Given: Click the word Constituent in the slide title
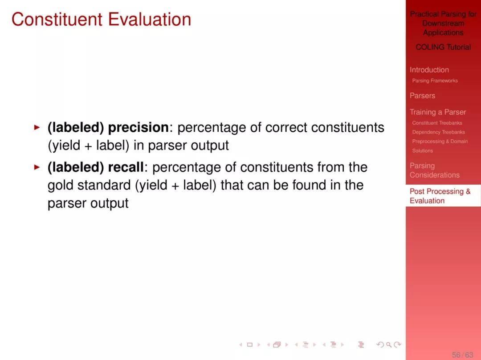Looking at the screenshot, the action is (x=57, y=19).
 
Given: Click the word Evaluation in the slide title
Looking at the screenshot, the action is (x=149, y=19).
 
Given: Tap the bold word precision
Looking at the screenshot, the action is (x=139, y=127).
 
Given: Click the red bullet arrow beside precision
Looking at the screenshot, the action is (x=37, y=127).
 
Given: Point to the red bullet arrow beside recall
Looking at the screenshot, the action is (x=37, y=167).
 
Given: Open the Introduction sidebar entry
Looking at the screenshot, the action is (x=429, y=70).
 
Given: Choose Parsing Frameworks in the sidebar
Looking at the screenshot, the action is (x=435, y=81).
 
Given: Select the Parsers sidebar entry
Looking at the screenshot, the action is (x=422, y=96).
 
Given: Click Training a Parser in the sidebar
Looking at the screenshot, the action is (x=438, y=112).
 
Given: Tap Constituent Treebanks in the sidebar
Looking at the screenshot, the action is (x=437, y=123).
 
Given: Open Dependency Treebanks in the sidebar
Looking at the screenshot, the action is (x=438, y=132).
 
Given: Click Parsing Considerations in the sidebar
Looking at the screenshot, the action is (x=435, y=170).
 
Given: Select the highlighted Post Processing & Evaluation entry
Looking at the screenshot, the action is (x=440, y=196).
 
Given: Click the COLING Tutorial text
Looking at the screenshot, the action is (x=443, y=47).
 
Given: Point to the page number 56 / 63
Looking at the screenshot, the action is (x=463, y=355).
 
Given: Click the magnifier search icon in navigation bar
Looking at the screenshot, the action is (x=389, y=345).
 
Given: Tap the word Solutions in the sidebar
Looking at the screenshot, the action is (x=422, y=151).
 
